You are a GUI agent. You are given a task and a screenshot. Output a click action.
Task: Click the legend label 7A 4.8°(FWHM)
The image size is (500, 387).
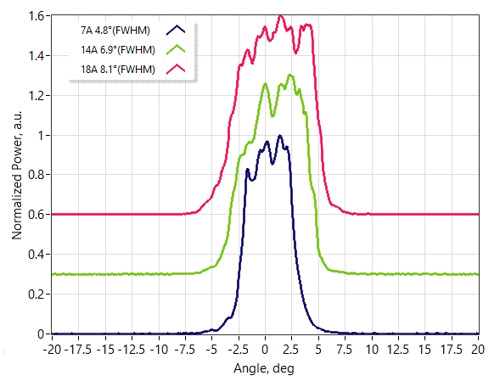click(x=115, y=31)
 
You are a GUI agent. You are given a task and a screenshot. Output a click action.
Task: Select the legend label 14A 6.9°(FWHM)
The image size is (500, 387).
click(x=118, y=50)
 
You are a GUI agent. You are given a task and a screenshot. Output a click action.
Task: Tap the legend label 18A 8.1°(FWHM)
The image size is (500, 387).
click(x=118, y=70)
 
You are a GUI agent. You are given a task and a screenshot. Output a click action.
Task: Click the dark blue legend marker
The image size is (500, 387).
click(x=176, y=30)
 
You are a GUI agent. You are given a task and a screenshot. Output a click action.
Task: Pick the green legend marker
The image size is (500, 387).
click(x=176, y=49)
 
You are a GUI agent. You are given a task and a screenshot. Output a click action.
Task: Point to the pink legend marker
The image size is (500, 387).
click(x=176, y=69)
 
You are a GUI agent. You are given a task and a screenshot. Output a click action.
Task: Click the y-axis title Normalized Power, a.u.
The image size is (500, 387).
click(x=17, y=175)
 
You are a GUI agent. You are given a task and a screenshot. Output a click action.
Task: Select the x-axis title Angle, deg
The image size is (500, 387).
click(x=264, y=369)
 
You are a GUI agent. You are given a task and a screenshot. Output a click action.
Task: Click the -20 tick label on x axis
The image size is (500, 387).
click(x=53, y=350)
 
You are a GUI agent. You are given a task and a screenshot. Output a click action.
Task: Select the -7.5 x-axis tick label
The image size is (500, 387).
click(x=184, y=350)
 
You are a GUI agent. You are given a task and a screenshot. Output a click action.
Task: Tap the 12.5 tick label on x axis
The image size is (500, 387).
click(x=398, y=350)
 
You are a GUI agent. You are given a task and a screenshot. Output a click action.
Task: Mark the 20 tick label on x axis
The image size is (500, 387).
click(x=478, y=350)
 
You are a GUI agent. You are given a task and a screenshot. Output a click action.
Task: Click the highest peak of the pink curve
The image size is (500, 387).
click(x=280, y=15)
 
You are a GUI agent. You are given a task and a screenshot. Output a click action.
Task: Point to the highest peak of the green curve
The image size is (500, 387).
click(x=289, y=75)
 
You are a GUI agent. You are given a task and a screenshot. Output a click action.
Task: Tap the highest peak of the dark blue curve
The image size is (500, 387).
click(x=280, y=136)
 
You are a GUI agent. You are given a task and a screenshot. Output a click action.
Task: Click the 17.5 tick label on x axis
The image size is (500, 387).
click(x=452, y=350)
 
